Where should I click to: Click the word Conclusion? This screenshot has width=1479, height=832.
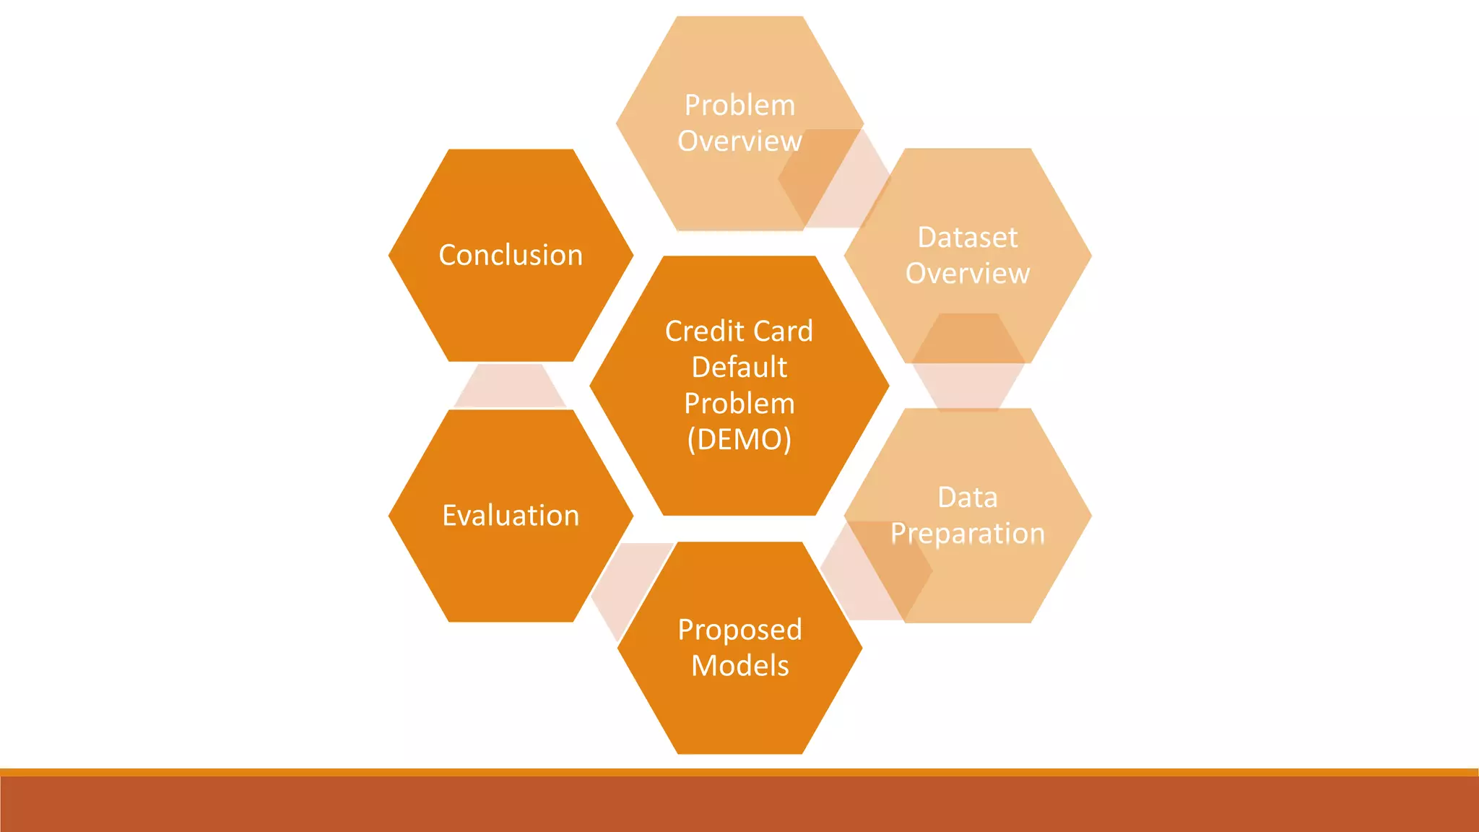coord(511,255)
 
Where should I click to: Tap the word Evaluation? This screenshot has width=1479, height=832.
coord(511,516)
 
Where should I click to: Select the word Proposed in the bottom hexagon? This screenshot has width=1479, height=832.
coord(739,630)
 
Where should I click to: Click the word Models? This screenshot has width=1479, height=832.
coord(739,666)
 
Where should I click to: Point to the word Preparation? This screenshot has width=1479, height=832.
coord(968,534)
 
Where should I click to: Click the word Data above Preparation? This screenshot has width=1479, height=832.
coord(968,498)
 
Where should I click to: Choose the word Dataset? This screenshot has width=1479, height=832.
coord(968,238)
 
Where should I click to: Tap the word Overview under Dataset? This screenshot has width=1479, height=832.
coord(968,274)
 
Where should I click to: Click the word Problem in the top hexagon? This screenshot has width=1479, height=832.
coord(739,105)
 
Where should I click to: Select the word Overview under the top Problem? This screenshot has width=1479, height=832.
coord(739,142)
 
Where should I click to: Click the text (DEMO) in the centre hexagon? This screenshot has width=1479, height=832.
coord(739,439)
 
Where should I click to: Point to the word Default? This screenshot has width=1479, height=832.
coord(739,367)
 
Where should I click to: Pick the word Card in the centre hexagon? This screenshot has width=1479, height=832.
coord(784,331)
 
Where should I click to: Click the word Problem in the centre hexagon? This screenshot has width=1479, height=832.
coord(739,403)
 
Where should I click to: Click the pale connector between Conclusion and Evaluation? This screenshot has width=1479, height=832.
coord(510,386)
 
